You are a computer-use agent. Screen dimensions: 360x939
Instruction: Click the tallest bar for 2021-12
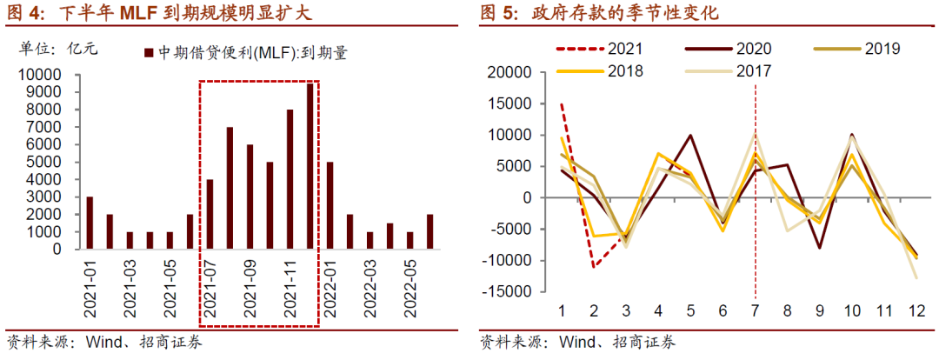[310, 166]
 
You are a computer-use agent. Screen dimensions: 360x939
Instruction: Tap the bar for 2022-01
[330, 205]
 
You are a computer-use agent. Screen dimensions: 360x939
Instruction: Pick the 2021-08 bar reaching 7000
[230, 188]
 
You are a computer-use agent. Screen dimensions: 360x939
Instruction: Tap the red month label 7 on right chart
[756, 310]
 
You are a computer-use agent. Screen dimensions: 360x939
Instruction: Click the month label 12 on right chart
[915, 310]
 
